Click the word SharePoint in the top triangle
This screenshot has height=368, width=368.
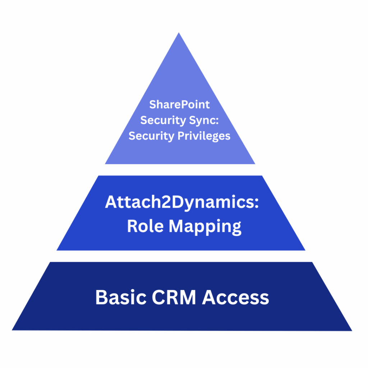(179, 105)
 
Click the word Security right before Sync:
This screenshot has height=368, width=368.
(162, 120)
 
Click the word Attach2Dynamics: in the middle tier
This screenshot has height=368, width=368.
(182, 202)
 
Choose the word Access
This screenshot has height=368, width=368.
(235, 298)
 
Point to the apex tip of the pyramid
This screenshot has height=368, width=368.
(179, 33)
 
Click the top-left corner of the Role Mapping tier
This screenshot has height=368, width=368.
(99, 176)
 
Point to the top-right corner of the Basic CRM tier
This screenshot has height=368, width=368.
(311, 263)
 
